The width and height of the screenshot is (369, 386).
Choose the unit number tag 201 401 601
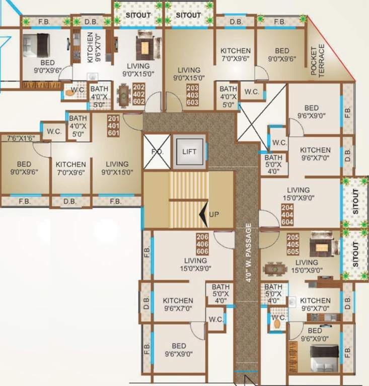[114, 126]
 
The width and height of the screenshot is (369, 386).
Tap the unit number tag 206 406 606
[202, 244]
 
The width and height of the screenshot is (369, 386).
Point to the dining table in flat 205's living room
[275, 269]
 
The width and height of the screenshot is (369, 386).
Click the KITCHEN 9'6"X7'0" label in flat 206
[178, 305]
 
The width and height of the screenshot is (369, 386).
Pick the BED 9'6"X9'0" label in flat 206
[179, 350]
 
